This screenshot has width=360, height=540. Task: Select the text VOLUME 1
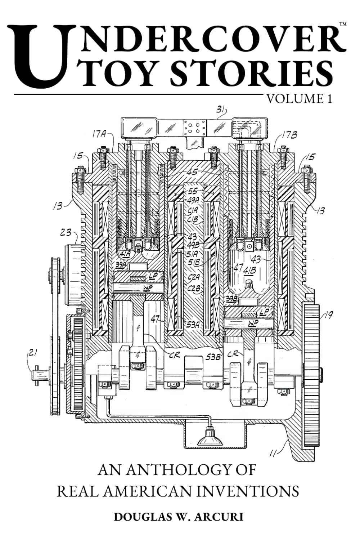tap(298, 99)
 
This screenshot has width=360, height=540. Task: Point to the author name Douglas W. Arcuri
tap(179, 517)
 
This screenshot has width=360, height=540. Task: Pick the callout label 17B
tap(289, 135)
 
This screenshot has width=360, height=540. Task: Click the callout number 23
tap(66, 232)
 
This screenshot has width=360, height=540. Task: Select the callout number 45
tap(192, 172)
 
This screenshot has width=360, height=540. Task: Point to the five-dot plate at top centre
tap(194, 127)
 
